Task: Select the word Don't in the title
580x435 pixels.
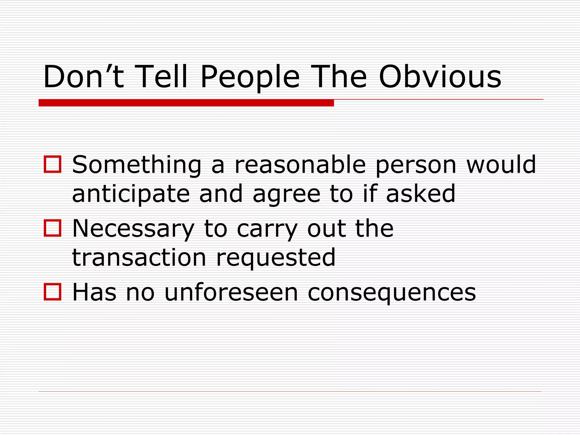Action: pyautogui.click(x=84, y=77)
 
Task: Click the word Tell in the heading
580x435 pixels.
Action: pyautogui.click(x=161, y=77)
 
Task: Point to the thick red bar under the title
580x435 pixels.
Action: pyautogui.click(x=186, y=103)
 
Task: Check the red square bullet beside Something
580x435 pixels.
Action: pyautogui.click(x=53, y=164)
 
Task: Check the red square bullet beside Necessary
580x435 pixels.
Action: pyautogui.click(x=53, y=228)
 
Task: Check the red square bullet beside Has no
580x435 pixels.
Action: pyautogui.click(x=53, y=292)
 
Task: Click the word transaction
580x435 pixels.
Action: pyautogui.click(x=139, y=257)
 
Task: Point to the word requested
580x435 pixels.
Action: pyautogui.click(x=276, y=258)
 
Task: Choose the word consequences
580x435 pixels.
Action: pyautogui.click(x=392, y=293)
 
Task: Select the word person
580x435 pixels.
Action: pyautogui.click(x=416, y=166)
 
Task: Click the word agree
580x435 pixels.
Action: pyautogui.click(x=286, y=195)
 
